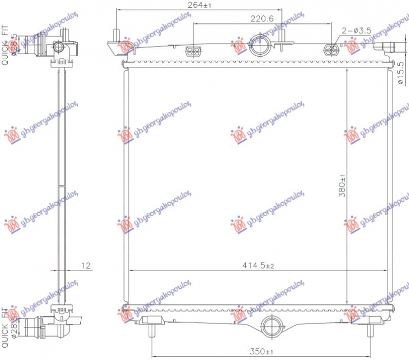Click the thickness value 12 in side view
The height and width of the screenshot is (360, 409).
[86, 266]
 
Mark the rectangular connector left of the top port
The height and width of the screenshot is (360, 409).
[194, 50]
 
